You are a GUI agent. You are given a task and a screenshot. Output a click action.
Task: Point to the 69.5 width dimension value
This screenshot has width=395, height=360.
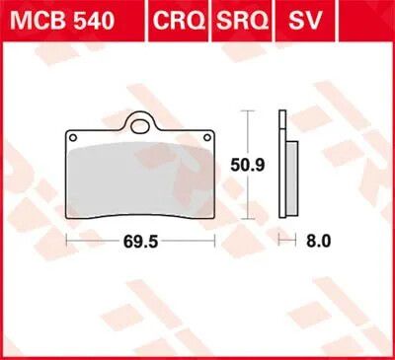point(140,242)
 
